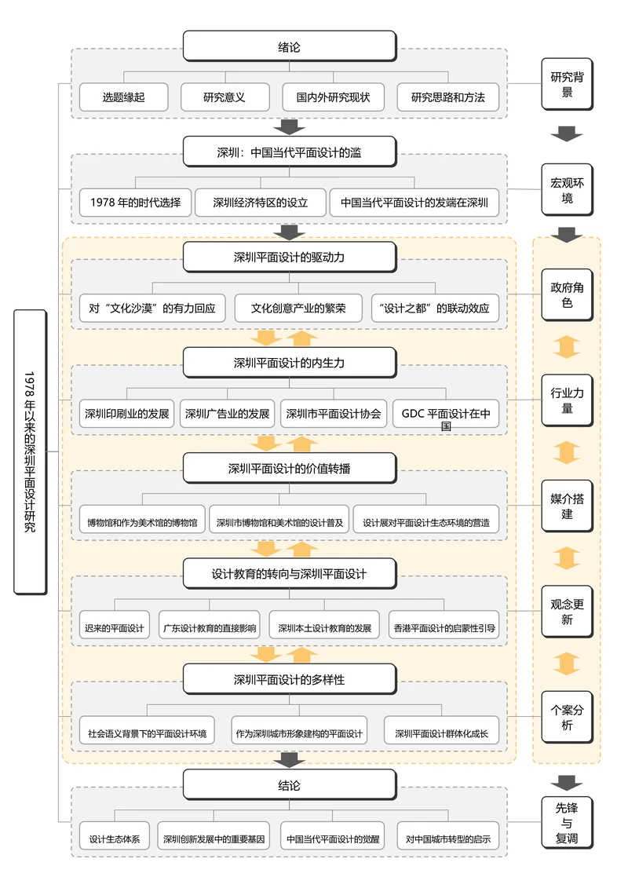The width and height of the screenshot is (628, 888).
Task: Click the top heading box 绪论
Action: pyautogui.click(x=289, y=46)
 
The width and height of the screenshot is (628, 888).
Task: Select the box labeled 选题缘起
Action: pyautogui.click(x=123, y=97)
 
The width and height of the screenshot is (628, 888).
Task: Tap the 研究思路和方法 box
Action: pyautogui.click(x=447, y=97)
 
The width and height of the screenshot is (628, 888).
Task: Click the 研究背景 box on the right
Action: pyautogui.click(x=567, y=85)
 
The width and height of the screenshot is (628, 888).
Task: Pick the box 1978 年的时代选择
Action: pyautogui.click(x=135, y=202)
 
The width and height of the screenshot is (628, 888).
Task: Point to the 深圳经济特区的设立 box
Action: pyautogui.click(x=260, y=202)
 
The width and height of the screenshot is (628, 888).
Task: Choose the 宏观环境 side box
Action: pyautogui.click(x=567, y=190)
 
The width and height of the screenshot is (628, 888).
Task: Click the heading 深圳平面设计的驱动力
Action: pyautogui.click(x=289, y=257)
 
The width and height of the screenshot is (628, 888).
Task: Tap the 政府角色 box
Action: pyautogui.click(x=567, y=295)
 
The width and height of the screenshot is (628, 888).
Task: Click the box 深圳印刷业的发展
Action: pyautogui.click(x=126, y=413)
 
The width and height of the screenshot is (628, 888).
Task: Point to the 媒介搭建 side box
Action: pyautogui.click(x=567, y=506)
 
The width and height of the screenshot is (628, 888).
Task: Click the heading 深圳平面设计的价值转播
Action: pyautogui.click(x=289, y=469)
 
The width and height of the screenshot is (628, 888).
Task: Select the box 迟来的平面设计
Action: pyautogui.click(x=115, y=628)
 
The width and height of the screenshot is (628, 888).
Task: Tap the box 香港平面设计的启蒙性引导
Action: pyautogui.click(x=444, y=628)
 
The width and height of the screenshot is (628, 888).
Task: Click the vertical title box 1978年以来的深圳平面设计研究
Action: pyautogui.click(x=30, y=451)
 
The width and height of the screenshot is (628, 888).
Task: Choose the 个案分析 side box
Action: pyautogui.click(x=567, y=717)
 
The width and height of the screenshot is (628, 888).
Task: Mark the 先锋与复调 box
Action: pyautogui.click(x=567, y=822)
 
